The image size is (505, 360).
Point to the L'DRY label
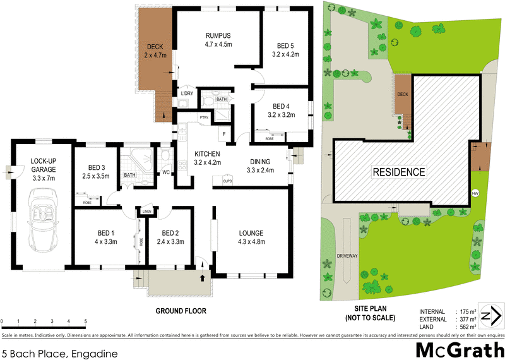pos(186,94)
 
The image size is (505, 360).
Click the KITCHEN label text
pos(206,155)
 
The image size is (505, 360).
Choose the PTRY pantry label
pos(204,117)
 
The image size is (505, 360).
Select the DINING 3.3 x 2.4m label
pos(259,165)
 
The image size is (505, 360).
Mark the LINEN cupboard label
pos(146,211)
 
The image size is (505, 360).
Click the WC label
pos(165,172)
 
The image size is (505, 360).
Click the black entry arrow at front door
pos(203,277)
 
